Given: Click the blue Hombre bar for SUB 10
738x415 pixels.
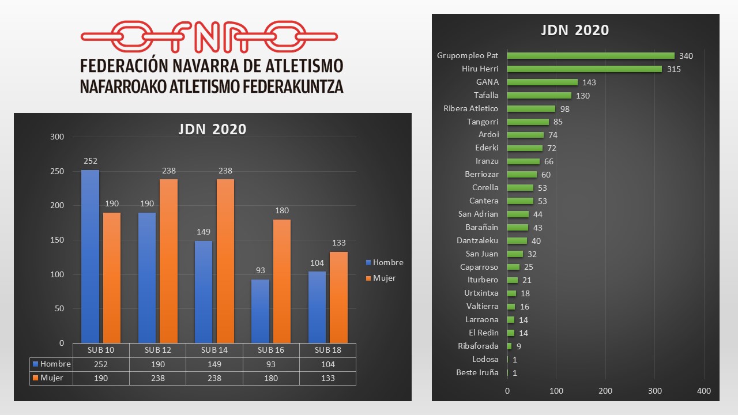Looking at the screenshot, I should click(90, 256).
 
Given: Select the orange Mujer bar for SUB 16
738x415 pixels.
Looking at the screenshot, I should click(281, 281).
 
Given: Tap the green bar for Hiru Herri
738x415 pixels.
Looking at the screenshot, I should click(585, 69).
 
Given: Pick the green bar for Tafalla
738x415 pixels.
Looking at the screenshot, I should click(539, 96).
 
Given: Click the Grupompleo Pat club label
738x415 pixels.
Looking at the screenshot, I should click(468, 56).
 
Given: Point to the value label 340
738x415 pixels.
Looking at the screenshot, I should click(686, 56).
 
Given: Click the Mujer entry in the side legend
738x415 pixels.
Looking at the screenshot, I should click(384, 278).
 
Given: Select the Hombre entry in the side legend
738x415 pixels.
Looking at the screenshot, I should click(387, 262).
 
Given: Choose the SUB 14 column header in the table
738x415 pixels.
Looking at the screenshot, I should click(214, 350).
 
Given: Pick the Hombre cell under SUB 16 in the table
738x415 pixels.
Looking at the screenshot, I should click(270, 364).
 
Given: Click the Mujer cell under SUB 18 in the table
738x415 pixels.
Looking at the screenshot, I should click(327, 378).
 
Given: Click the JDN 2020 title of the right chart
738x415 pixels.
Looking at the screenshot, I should click(574, 30).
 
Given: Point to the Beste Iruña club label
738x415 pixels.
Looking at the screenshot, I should click(477, 372).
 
